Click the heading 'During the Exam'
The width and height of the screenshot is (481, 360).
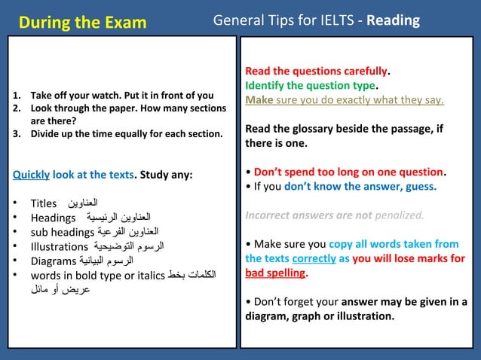[82, 22]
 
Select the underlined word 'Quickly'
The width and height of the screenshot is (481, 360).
[31, 175]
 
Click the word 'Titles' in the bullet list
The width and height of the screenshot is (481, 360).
[44, 203]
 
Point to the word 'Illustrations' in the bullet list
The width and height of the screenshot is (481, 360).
[60, 246]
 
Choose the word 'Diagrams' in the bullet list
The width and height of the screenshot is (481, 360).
[54, 261]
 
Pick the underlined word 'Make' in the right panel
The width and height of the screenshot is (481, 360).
[259, 99]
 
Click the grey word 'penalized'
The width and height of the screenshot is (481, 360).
[399, 215]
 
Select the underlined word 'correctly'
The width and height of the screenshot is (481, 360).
[314, 258]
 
